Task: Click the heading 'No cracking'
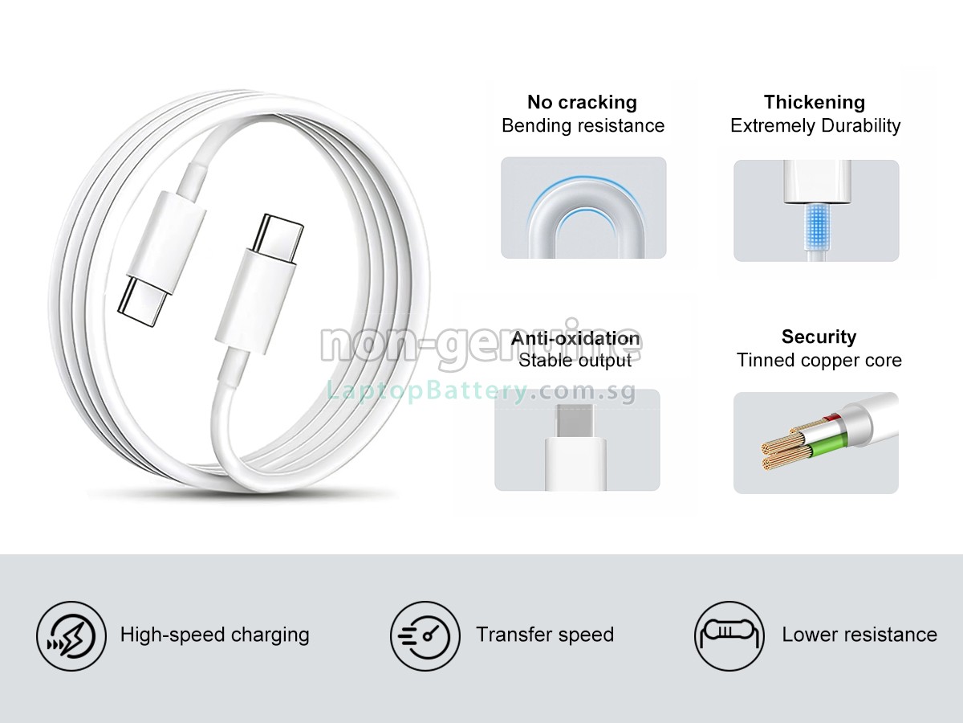(x=582, y=102)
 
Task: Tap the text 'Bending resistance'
(x=583, y=126)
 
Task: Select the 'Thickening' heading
(x=815, y=102)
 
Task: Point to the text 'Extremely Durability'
(x=815, y=126)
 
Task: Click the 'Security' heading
(x=819, y=337)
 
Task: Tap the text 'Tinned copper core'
(x=819, y=361)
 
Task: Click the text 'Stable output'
(x=575, y=361)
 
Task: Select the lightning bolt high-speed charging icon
(x=71, y=635)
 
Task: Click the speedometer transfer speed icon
(x=425, y=635)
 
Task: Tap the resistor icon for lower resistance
(x=729, y=635)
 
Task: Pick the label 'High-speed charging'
(x=214, y=635)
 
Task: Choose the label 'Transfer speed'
(x=545, y=635)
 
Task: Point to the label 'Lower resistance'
(x=859, y=635)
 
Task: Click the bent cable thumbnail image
(x=583, y=208)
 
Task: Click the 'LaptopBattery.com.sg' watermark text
(x=481, y=391)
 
